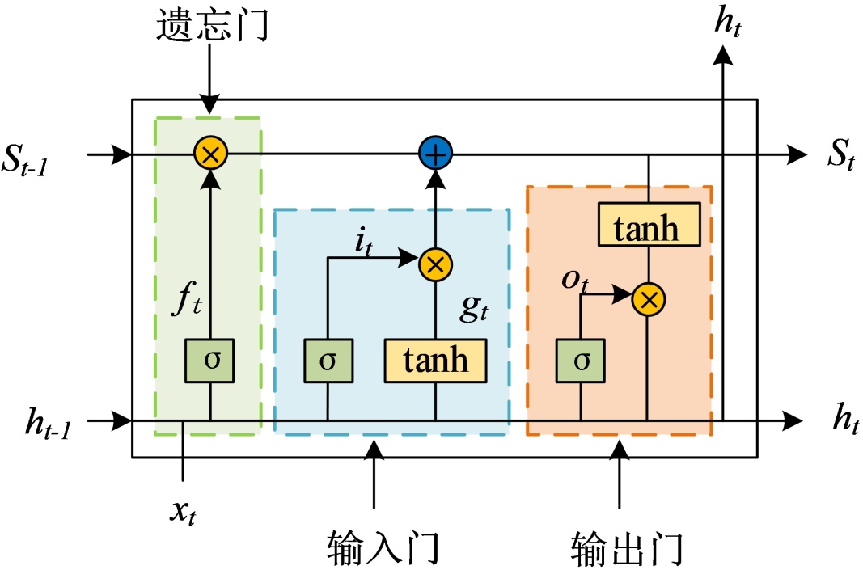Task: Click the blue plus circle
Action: point(435,153)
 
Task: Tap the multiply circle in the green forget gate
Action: point(210,154)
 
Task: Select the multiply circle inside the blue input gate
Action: point(435,264)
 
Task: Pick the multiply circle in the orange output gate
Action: point(649,299)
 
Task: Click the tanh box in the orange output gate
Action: point(649,224)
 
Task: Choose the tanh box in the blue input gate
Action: point(435,361)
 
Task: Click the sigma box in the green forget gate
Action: point(209,361)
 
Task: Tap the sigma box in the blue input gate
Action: point(328,361)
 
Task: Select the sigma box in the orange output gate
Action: point(581,361)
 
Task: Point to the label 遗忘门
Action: point(213,24)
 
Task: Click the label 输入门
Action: point(383,547)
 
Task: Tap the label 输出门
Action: point(627,547)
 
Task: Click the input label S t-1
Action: point(25,159)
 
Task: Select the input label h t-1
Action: point(49,423)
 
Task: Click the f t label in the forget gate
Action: point(187,299)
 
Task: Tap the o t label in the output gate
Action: point(575,281)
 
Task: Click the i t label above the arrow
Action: point(364,242)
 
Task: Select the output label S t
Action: point(841,154)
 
